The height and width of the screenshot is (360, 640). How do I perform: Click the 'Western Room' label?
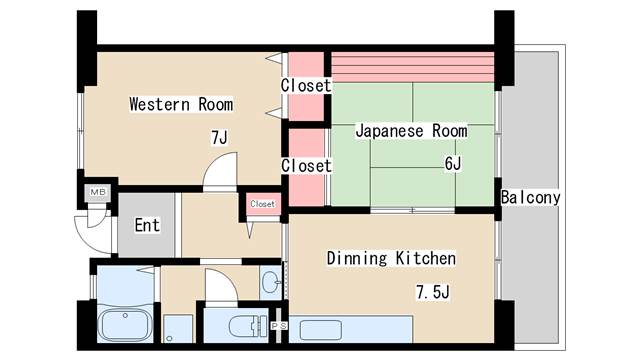(x=181, y=104)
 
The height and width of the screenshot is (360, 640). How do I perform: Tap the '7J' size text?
(x=219, y=138)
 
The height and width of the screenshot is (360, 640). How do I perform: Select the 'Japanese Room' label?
(x=411, y=131)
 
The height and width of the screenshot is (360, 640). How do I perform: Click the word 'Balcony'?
(x=530, y=197)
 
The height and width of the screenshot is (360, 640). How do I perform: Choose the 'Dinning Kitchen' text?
(x=392, y=259)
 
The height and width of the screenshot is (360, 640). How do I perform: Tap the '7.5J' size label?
(x=432, y=293)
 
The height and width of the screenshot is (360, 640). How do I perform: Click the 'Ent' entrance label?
(x=147, y=225)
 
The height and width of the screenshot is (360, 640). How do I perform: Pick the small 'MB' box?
(x=98, y=192)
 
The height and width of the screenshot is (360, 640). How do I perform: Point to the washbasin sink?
(x=271, y=284)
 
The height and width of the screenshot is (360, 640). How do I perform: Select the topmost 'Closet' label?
(x=306, y=86)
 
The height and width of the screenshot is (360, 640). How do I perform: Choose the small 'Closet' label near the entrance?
(x=262, y=204)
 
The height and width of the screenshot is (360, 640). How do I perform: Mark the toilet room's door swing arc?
(x=219, y=284)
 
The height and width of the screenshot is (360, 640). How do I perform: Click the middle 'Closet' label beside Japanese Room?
(x=306, y=165)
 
